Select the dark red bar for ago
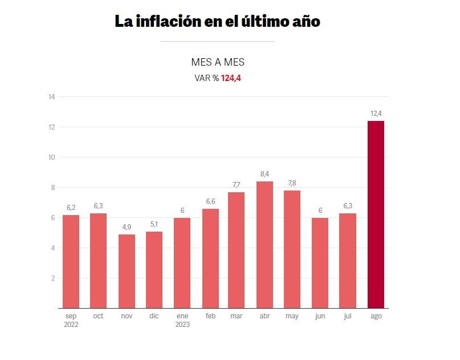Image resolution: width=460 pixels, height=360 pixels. point(376,215)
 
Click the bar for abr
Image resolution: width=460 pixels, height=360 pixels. point(264,245)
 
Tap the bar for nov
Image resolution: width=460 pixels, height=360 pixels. point(127,271)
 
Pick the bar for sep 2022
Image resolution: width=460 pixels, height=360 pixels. point(71,261)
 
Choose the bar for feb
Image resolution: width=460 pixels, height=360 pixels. point(210,258)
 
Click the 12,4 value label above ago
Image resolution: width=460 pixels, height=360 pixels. point(376,114)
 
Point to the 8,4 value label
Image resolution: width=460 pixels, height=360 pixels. point(264,174)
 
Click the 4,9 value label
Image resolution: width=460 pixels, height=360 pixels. point(127,227)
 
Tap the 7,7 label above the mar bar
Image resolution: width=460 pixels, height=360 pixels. point(237,185)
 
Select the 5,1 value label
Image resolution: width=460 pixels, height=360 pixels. point(154,224)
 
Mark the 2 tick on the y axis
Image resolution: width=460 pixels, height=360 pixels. point(52,278)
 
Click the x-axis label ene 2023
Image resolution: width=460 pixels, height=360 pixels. point(182,320)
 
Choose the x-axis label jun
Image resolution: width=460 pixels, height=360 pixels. point(320,316)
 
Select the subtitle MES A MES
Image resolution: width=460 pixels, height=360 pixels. point(218,63)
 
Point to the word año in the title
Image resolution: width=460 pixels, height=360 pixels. point(304,22)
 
